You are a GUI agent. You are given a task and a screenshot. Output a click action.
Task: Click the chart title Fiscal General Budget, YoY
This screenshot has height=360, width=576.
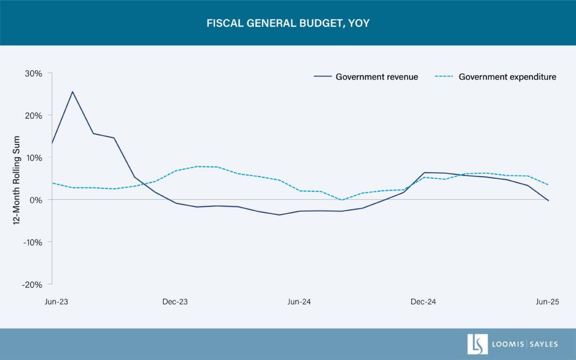[288, 24]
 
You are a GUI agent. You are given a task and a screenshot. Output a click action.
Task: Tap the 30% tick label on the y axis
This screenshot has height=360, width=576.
[34, 73]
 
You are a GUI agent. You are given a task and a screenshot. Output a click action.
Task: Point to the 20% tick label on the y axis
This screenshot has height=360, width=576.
[34, 115]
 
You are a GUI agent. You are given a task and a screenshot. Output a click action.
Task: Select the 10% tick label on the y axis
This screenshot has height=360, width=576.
[34, 157]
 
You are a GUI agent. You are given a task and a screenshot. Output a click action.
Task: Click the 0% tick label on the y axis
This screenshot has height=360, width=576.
[36, 200]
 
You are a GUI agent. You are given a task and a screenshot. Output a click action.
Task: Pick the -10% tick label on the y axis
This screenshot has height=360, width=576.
[33, 242]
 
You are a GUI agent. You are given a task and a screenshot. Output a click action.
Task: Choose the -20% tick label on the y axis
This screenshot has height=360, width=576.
[33, 284]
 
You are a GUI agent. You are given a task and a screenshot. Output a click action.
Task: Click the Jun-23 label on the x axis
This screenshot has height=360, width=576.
[57, 302]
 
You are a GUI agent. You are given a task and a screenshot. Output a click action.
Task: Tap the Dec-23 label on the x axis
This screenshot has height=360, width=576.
[175, 302]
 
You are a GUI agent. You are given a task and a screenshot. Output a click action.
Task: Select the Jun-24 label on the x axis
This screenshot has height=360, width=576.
[299, 302]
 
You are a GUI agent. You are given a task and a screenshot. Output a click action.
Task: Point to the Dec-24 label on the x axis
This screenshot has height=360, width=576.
[423, 302]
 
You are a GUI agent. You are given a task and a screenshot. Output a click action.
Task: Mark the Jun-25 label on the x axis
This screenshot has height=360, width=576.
[547, 302]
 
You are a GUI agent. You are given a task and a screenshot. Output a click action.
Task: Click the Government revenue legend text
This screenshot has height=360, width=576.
[377, 77]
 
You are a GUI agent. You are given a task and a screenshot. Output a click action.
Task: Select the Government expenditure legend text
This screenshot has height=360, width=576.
[507, 77]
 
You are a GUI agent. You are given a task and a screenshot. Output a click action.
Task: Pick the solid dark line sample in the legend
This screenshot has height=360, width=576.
[321, 77]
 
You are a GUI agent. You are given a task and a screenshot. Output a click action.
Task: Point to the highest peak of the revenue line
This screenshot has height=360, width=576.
[72, 91]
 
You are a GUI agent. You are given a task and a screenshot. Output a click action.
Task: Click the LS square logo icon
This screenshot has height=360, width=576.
[478, 344]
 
